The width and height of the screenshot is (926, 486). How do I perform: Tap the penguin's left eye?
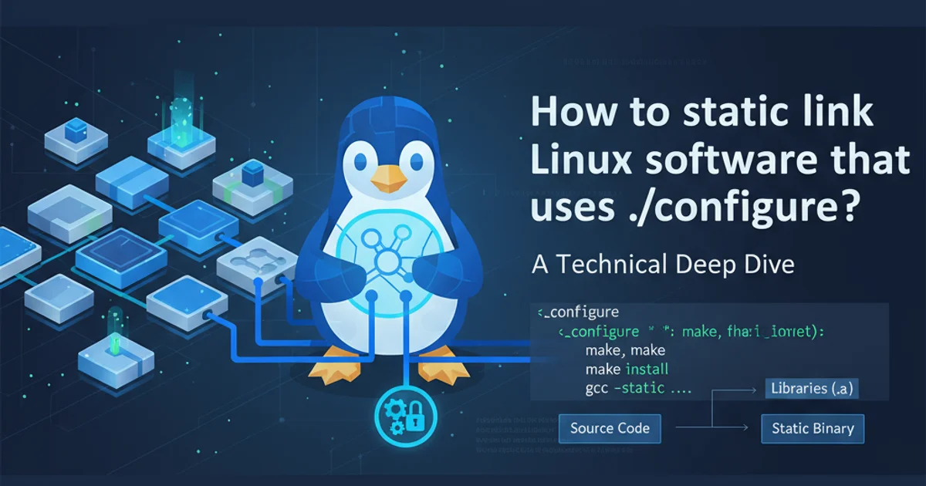[x=359, y=162]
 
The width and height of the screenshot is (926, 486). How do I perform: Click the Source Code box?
[x=610, y=427]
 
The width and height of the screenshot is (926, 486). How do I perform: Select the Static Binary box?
[x=813, y=428]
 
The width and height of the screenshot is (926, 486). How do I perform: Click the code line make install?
[x=627, y=369]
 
